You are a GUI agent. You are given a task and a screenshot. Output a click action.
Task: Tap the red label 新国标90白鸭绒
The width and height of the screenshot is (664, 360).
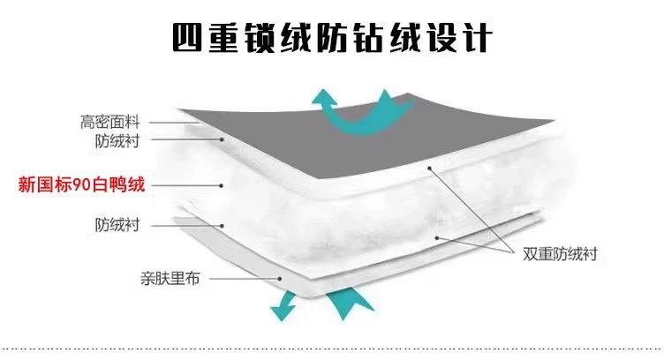point(81,185)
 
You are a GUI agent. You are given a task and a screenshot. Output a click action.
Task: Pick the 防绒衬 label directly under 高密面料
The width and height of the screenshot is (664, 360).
point(117,140)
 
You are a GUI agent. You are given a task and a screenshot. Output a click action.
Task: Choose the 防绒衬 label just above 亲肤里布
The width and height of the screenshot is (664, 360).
point(117,224)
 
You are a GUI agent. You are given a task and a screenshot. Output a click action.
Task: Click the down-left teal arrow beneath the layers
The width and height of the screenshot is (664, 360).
point(283,305)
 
